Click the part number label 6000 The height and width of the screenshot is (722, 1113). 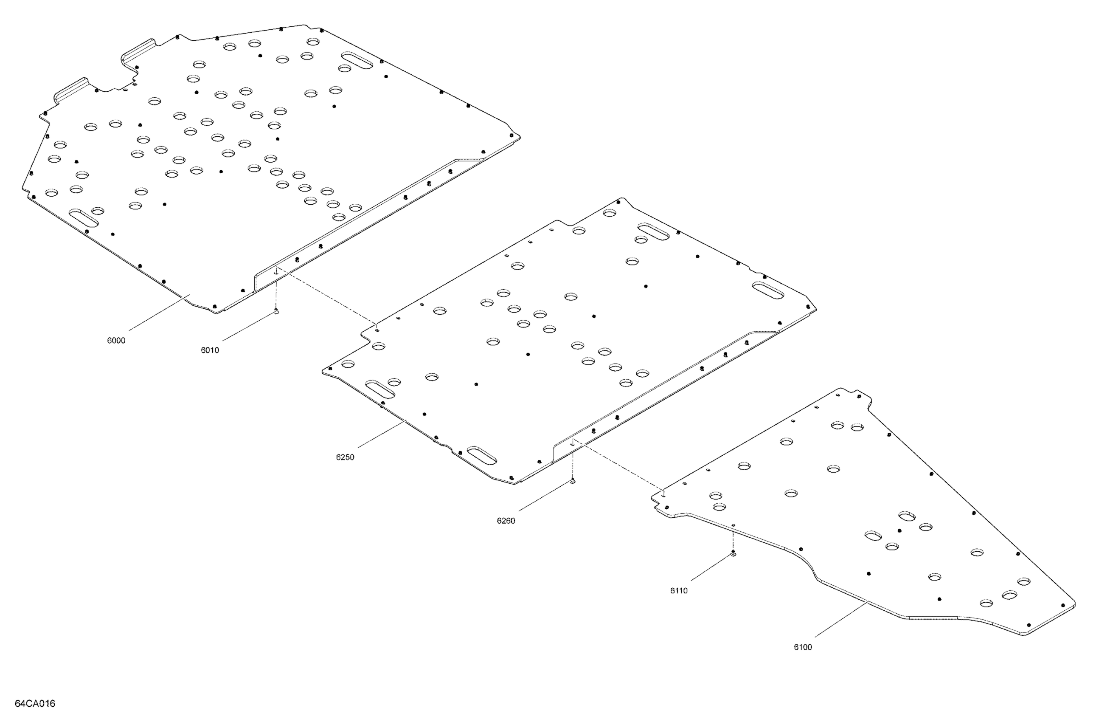tap(116, 341)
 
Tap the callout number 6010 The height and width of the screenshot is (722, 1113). tap(210, 350)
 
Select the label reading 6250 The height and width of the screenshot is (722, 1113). tap(345, 457)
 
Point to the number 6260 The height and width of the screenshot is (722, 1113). tap(506, 521)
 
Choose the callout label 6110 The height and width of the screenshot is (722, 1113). tap(679, 590)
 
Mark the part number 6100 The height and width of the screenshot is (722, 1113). tap(803, 647)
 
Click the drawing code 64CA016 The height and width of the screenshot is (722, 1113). tap(35, 703)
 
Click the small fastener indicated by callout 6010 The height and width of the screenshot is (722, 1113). tap(276, 311)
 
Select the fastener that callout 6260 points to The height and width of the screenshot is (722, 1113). tap(572, 481)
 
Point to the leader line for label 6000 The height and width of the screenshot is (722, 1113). tap(159, 313)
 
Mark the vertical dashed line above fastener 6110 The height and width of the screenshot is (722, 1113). tap(733, 541)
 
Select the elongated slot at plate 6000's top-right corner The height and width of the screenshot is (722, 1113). tap(357, 60)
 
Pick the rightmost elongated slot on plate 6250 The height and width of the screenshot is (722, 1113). tap(768, 290)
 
